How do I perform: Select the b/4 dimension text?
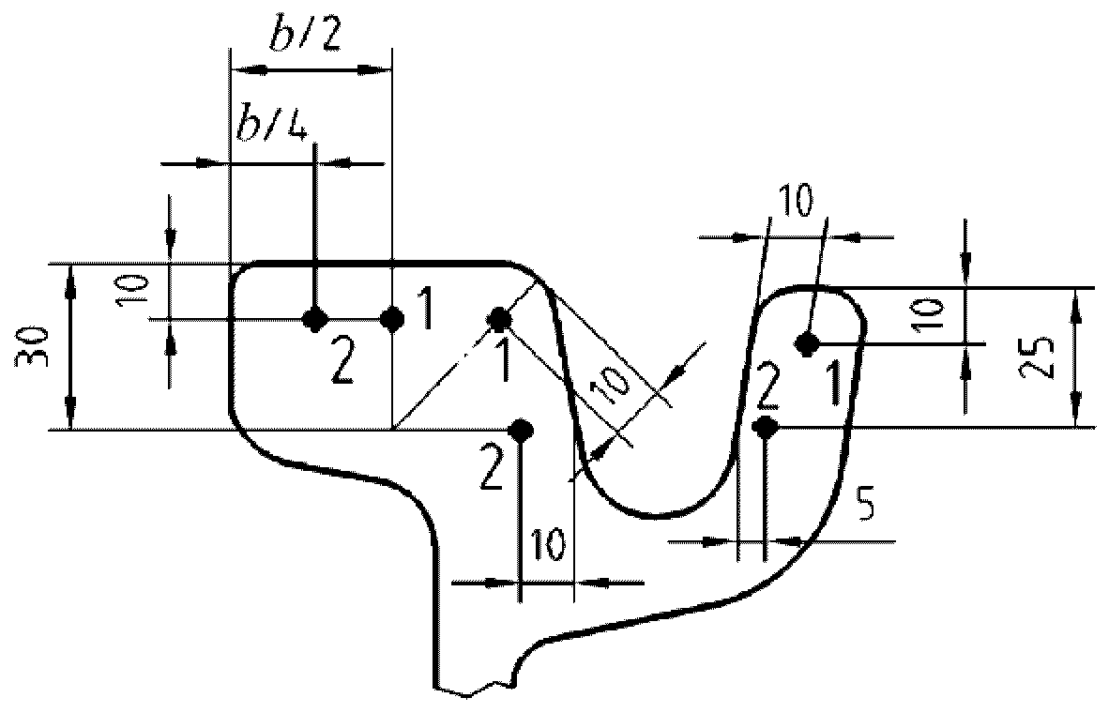pyautogui.click(x=270, y=124)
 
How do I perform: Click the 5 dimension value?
pyautogui.click(x=867, y=508)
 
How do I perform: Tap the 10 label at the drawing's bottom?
pyautogui.click(x=549, y=544)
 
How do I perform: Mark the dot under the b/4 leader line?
pyautogui.click(x=315, y=320)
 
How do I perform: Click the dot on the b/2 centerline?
pyautogui.click(x=392, y=320)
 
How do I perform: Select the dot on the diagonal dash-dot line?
pyautogui.click(x=498, y=319)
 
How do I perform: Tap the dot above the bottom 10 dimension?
pyautogui.click(x=520, y=430)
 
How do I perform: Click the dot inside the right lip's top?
pyautogui.click(x=804, y=343)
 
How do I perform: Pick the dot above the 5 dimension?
pyautogui.click(x=767, y=427)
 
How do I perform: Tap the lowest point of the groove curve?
pyautogui.click(x=661, y=515)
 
